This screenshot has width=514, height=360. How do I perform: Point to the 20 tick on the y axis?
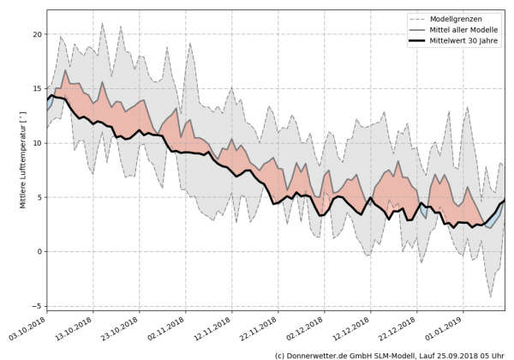[35, 34]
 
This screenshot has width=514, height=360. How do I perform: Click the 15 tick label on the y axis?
[35, 88]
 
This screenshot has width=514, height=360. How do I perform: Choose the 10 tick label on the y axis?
[35, 143]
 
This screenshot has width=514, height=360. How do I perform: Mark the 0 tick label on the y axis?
[38, 252]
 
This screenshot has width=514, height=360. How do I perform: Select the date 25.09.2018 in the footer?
[453, 354]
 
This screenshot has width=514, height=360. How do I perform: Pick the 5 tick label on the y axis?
[38, 197]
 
